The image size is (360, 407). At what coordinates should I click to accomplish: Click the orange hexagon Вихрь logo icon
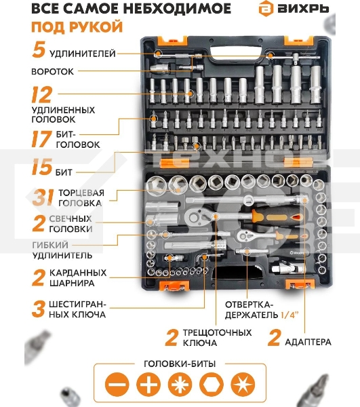[x=266, y=8]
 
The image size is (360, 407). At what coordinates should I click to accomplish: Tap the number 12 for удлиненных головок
[x=41, y=94]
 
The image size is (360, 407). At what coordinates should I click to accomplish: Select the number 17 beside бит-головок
[x=41, y=139]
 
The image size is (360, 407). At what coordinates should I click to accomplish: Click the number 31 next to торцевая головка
[x=43, y=197]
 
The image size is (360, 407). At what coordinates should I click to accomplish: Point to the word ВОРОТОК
[x=52, y=71]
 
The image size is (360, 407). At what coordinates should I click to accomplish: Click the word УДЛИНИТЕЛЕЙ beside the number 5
[x=83, y=54]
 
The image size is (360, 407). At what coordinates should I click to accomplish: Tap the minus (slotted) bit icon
[x=117, y=384]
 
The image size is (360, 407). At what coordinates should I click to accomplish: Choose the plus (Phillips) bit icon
[x=148, y=384]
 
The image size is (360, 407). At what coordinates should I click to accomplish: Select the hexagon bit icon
[x=211, y=384]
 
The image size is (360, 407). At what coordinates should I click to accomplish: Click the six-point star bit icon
[x=243, y=384]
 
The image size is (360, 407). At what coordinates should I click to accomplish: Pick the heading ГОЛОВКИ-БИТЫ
[x=180, y=364]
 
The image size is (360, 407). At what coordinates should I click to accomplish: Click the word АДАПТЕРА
[x=308, y=342]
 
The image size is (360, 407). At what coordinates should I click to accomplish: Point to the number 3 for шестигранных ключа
[x=39, y=309]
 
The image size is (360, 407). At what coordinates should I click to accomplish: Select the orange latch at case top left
[x=172, y=41]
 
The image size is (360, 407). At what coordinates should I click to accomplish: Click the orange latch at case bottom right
[x=300, y=284]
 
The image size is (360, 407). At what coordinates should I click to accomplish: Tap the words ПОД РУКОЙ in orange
[x=77, y=26]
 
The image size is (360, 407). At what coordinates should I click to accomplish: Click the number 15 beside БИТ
[x=42, y=167]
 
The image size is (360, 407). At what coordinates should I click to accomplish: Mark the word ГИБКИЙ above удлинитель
[x=50, y=245]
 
